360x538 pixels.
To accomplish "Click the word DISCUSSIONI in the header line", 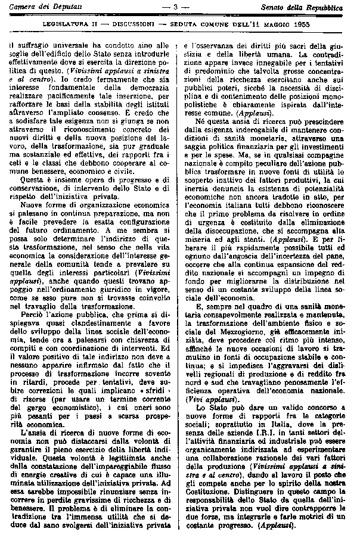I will [120, 24].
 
